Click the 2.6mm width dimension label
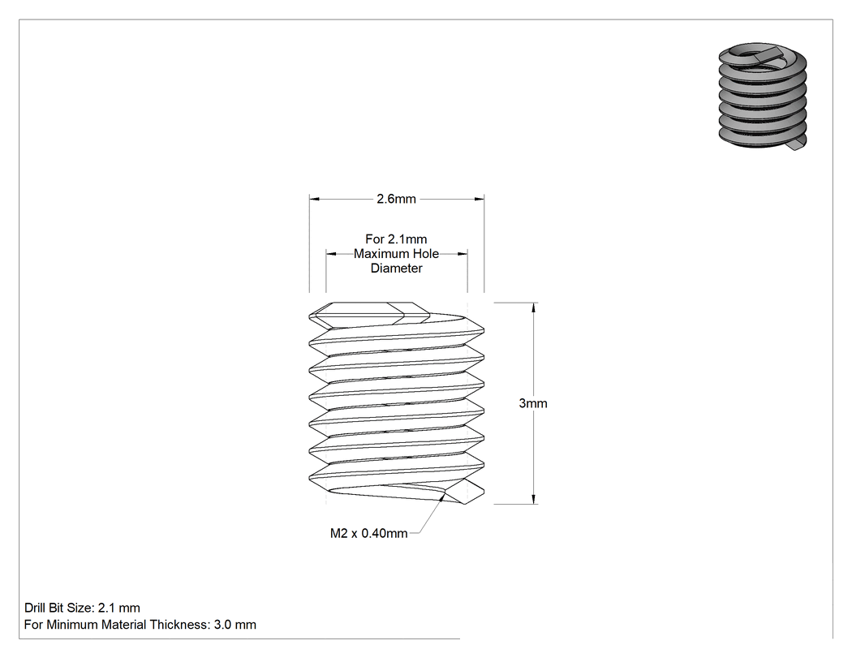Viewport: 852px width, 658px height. pos(396,199)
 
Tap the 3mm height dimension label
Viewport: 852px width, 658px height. pos(533,403)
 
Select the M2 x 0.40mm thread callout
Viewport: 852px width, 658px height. pos(369,533)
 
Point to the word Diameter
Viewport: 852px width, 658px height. pos(397,268)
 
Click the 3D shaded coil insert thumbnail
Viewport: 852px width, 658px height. pos(763,96)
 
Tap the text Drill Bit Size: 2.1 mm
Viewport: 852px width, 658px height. pos(82,608)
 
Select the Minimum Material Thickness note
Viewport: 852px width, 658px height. pos(140,624)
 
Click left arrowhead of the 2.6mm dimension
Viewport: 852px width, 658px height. pos(315,199)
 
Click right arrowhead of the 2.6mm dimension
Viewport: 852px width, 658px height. pos(479,199)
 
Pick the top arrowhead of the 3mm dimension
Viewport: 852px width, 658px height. pos(534,308)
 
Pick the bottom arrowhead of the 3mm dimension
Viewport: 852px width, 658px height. pos(534,498)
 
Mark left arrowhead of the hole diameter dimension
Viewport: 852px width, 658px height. pos(331,253)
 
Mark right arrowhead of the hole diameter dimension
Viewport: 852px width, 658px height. pos(462,253)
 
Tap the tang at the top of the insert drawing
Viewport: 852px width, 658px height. pos(369,314)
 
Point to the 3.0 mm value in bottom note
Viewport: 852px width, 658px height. pos(235,624)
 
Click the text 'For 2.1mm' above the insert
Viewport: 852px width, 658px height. pos(396,239)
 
